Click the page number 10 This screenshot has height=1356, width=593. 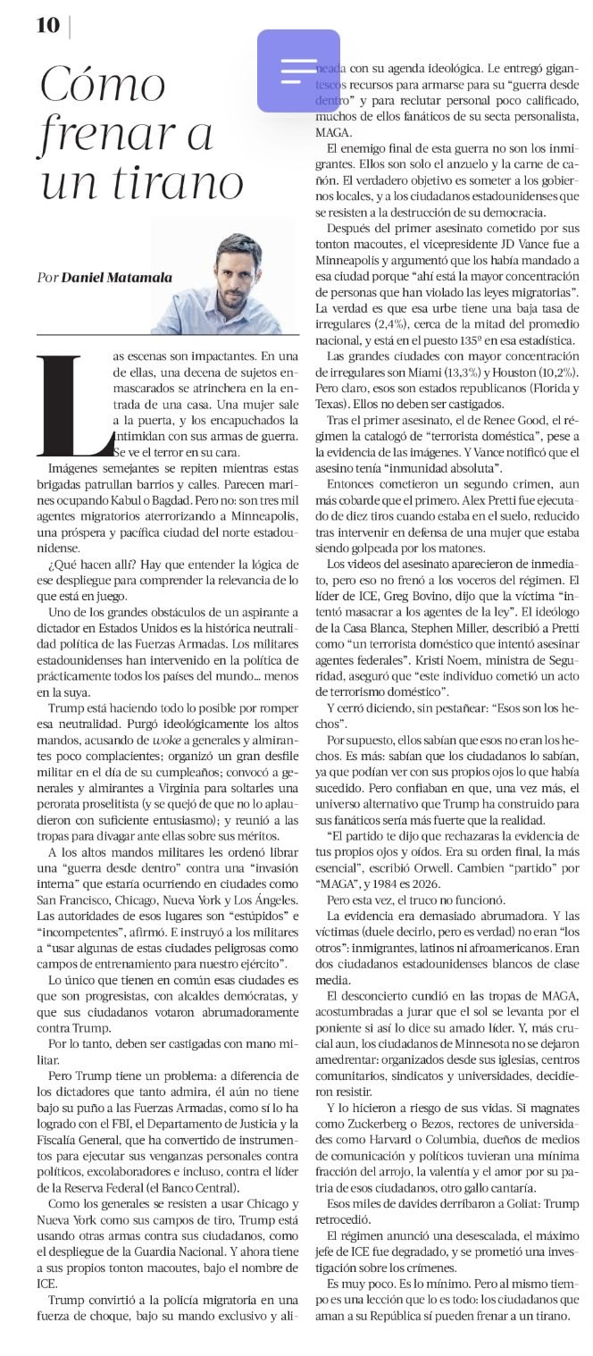tap(47, 26)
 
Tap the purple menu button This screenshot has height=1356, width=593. tap(298, 71)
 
